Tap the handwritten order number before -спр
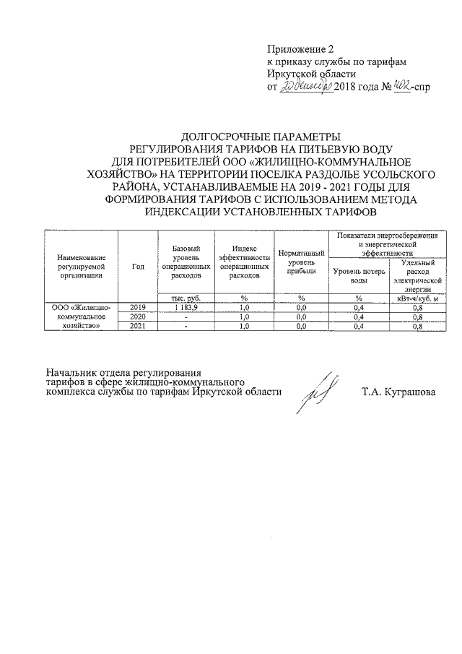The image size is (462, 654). pos(396,87)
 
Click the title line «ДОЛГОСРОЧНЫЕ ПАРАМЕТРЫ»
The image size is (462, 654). pos(258,136)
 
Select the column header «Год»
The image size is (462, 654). pos(139,266)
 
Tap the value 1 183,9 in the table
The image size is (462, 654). pos(186,307)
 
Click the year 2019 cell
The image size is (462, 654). pos(139,307)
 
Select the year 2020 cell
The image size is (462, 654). pos(139,317)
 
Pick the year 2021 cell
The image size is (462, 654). pos(139,326)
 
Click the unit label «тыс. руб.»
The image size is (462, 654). pos(186,298)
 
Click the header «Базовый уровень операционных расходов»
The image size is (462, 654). pos(186,262)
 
